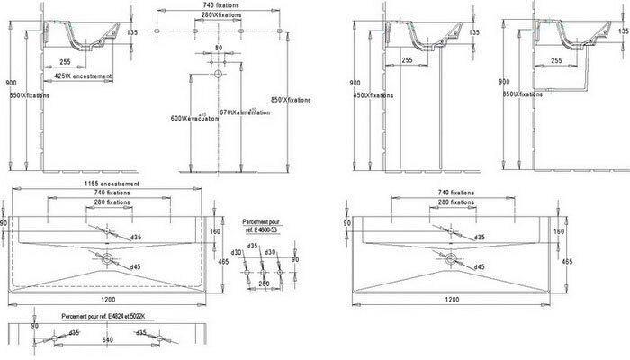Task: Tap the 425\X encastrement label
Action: pyautogui.click(x=83, y=77)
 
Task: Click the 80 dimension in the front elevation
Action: pyautogui.click(x=217, y=47)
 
